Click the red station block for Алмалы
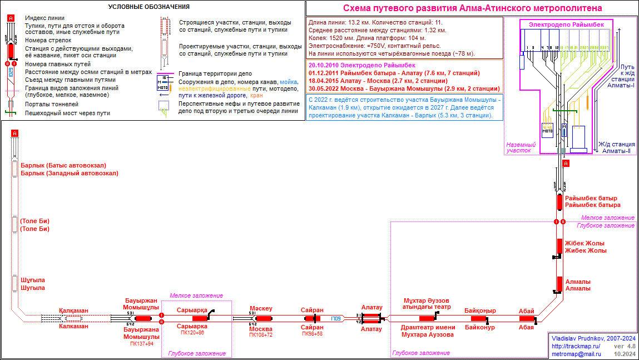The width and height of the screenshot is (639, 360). (559, 284)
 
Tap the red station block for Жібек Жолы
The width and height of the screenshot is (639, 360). (559, 246)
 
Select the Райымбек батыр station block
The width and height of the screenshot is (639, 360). (559, 201)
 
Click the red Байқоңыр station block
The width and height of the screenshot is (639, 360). (479, 318)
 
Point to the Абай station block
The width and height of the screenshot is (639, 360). (527, 318)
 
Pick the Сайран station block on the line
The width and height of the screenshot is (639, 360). (308, 318)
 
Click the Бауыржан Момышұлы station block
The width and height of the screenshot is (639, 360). (143, 318)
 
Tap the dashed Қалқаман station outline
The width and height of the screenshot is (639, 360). (73, 318)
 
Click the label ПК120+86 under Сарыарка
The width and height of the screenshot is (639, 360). (192, 333)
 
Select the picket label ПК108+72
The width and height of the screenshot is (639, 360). (260, 335)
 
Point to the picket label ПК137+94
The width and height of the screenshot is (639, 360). (141, 344)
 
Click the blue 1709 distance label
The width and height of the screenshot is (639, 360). (336, 318)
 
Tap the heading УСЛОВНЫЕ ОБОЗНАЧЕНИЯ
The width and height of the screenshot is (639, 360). (148, 7)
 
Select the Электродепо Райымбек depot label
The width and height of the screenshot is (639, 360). (566, 24)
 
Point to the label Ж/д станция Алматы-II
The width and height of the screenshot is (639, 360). (617, 147)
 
